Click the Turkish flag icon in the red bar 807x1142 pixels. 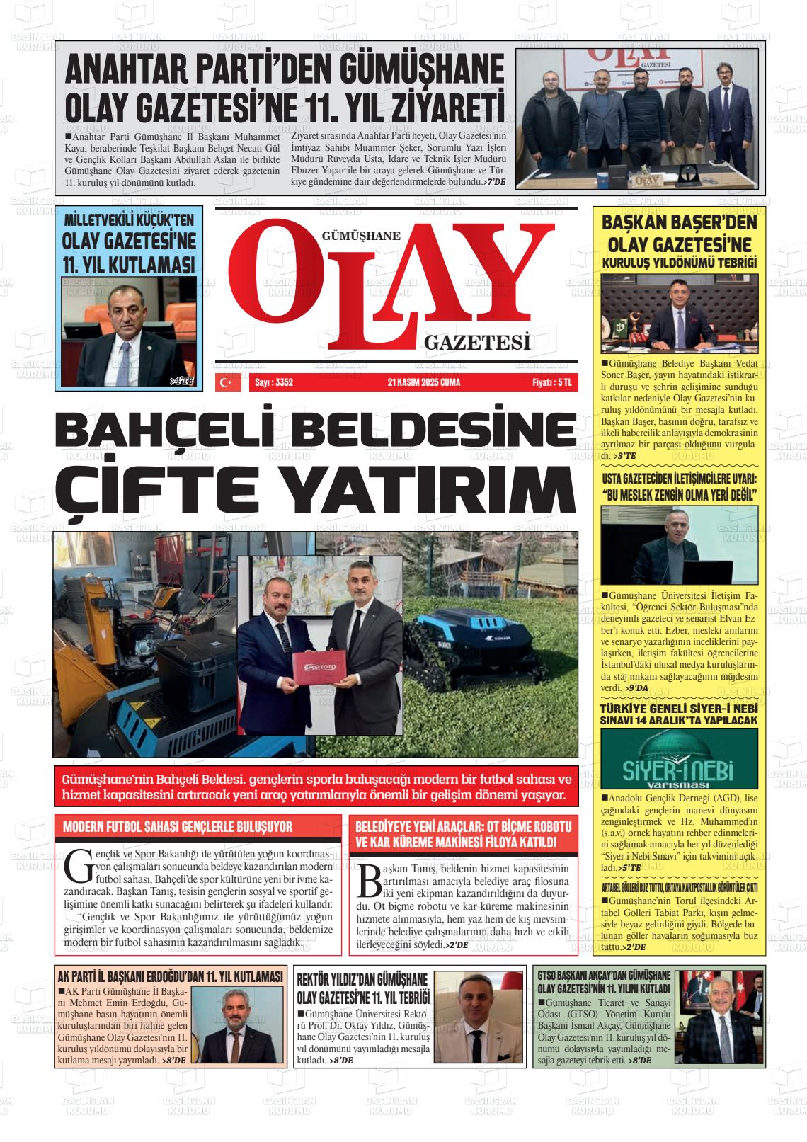(x=226, y=383)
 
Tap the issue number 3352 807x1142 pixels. (x=273, y=383)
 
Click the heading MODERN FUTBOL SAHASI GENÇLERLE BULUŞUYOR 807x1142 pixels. (x=178, y=827)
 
